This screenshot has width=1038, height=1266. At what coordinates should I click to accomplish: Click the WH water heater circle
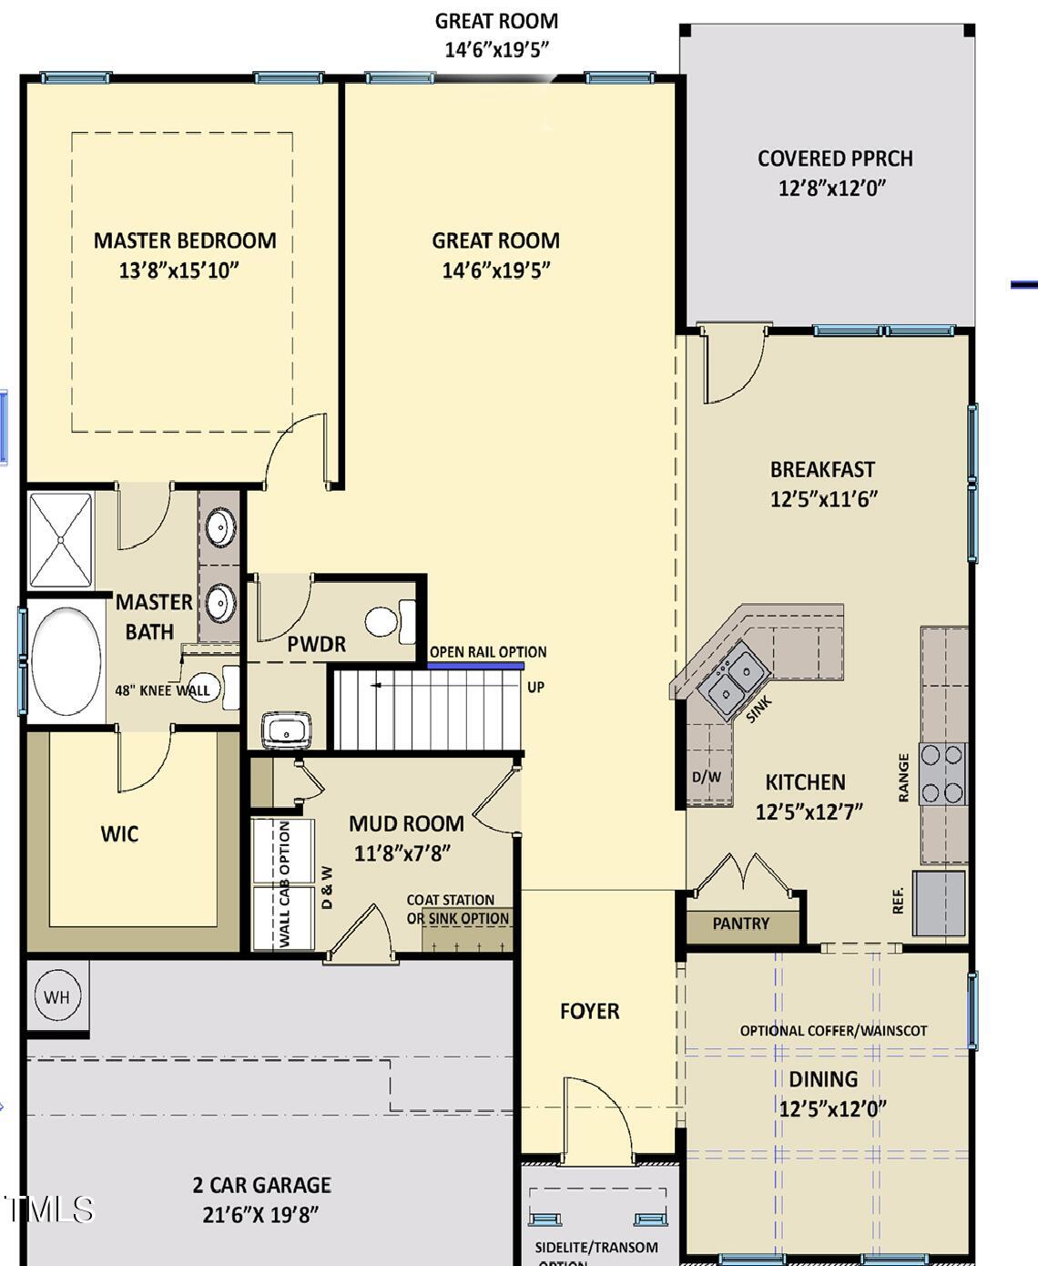coord(57,996)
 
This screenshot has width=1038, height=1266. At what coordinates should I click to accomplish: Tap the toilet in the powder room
coord(390,622)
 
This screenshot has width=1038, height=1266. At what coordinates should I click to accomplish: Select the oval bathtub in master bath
coord(66,661)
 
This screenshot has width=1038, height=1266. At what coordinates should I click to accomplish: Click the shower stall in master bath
coord(61,540)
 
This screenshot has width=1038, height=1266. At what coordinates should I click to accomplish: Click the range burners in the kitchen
coord(942,774)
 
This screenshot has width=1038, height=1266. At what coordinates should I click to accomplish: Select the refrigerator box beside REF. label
coord(940,904)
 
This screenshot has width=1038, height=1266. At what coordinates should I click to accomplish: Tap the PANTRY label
coord(741,924)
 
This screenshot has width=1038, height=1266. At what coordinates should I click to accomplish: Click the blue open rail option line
coord(476,666)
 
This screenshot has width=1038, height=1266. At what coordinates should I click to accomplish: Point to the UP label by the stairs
coord(535,688)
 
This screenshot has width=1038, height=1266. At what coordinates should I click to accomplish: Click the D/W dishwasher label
coord(707,777)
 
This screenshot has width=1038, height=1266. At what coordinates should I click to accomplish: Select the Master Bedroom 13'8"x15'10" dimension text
coord(178,271)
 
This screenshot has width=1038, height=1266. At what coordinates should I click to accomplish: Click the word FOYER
coord(590,1012)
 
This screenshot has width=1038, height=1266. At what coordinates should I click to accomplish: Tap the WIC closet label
coord(119,833)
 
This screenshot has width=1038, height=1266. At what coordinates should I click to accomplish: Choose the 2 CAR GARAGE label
coord(261,1185)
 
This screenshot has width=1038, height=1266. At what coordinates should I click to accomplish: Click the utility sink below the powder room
coord(287,730)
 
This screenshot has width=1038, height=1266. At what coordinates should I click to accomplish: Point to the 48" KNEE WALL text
coord(162,690)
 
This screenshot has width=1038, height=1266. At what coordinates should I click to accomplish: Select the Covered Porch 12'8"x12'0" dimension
coord(831,189)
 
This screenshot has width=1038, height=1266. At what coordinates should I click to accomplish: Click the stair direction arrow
coord(377,686)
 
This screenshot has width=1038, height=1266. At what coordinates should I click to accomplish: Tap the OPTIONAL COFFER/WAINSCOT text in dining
coord(833,1031)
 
